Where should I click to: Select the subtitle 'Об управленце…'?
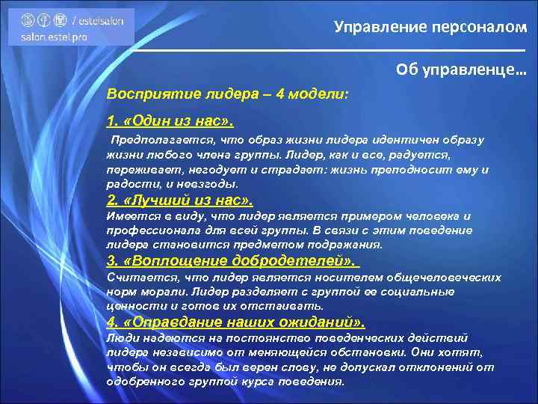(461, 70)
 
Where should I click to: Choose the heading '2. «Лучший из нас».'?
(180, 201)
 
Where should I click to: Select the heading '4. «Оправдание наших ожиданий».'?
(236, 322)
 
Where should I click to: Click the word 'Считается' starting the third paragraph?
(135, 277)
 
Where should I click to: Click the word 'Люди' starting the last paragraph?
(121, 337)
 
